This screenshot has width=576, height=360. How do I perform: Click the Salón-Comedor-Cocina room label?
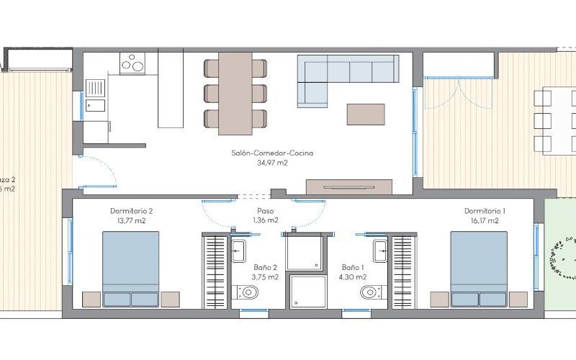pyautogui.click(x=272, y=153)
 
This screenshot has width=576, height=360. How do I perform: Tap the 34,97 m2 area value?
pyautogui.click(x=272, y=163)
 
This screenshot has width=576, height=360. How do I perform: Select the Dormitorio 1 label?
pyautogui.click(x=485, y=211)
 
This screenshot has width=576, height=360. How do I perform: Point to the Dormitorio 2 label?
pyautogui.click(x=131, y=211)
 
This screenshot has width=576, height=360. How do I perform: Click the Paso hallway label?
pyautogui.click(x=265, y=211)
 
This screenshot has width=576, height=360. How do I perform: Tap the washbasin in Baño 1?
pyautogui.click(x=380, y=252)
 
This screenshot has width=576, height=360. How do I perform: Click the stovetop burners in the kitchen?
pyautogui.click(x=132, y=63)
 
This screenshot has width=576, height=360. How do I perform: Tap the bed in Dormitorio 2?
pyautogui.click(x=130, y=270)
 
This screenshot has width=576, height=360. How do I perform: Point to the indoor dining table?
pyautogui.click(x=235, y=92)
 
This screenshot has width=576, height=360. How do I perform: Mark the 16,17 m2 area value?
pyautogui.click(x=485, y=221)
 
